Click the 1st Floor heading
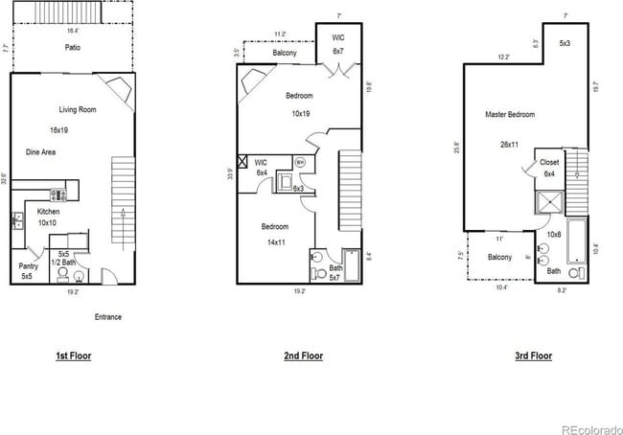click(73, 355)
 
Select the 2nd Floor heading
click(303, 355)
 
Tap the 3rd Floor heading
click(534, 355)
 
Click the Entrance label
click(107, 317)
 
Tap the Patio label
click(73, 47)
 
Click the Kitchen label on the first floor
click(50, 212)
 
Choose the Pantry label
click(27, 268)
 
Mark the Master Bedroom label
click(510, 115)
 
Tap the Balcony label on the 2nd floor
click(285, 54)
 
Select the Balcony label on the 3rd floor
click(499, 257)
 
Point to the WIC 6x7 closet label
click(338, 44)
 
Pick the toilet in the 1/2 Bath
click(64, 275)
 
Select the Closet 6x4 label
click(549, 168)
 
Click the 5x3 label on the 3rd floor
click(565, 44)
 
